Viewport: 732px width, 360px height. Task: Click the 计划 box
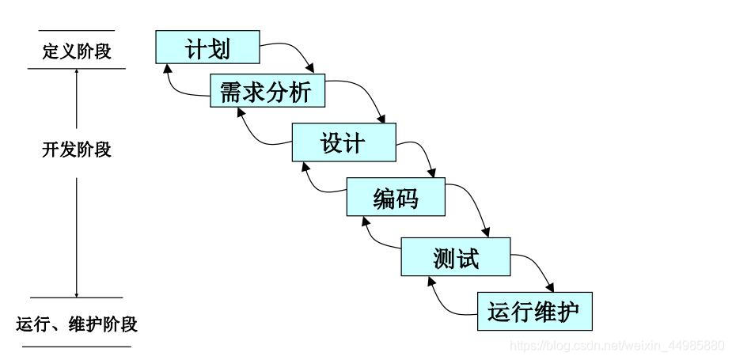(x=207, y=47)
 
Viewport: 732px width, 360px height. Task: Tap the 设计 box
(x=343, y=142)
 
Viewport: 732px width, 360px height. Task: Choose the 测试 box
(x=456, y=256)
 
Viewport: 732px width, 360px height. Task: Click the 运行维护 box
(x=534, y=311)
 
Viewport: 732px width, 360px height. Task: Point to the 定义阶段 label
(x=77, y=51)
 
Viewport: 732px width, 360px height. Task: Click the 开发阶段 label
(x=77, y=149)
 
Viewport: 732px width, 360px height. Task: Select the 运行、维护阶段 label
(x=77, y=324)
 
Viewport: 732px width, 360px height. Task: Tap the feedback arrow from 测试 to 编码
(x=372, y=237)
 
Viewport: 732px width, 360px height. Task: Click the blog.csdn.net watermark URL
(x=617, y=346)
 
